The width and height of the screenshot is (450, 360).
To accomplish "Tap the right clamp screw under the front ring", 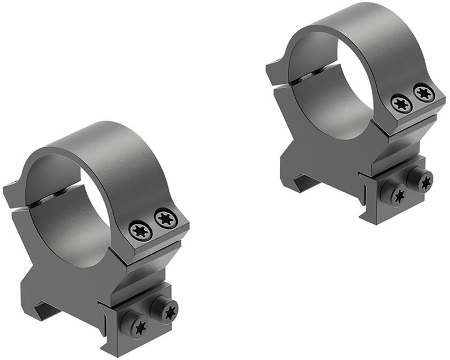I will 168,309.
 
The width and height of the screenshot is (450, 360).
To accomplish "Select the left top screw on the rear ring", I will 401,103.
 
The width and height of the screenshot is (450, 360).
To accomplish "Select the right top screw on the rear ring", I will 423,92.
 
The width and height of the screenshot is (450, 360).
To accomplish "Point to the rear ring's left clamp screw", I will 394,195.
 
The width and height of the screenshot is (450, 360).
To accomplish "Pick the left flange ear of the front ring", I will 12,194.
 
